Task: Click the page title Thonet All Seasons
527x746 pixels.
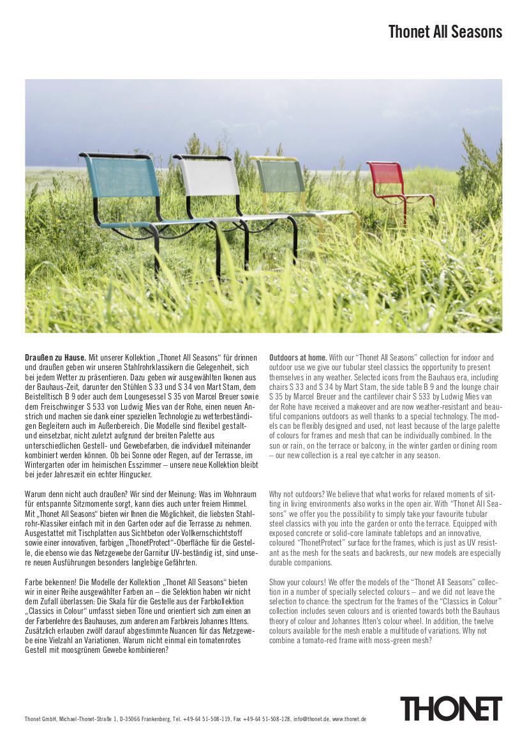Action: pos(445,32)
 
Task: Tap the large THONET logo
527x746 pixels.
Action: pos(450,708)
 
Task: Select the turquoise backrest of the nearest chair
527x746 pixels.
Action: pos(121,175)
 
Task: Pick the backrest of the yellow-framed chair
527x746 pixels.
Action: pos(280,175)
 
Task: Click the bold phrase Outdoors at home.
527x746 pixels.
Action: pos(298,357)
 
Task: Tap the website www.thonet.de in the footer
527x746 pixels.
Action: pos(349,719)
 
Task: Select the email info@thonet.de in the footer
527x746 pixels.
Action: pos(311,719)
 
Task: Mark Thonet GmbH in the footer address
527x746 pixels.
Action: pos(40,719)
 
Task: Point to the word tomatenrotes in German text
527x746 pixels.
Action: pos(218,640)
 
